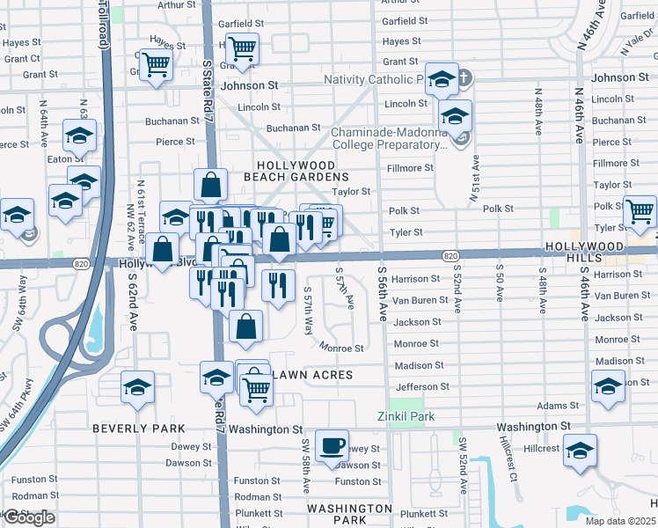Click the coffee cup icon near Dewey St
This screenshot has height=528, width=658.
(x=332, y=445)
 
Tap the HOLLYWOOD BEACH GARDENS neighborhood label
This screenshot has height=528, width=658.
(x=296, y=171)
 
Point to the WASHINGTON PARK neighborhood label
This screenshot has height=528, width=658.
(x=350, y=515)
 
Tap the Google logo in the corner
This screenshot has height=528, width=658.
(x=28, y=517)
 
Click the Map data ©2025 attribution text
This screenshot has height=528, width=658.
(x=620, y=521)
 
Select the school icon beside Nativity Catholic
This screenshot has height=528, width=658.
(x=442, y=79)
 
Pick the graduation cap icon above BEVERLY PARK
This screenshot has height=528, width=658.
(x=137, y=388)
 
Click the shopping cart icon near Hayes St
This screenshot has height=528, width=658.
(x=241, y=49)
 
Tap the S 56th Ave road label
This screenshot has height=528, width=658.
(x=383, y=293)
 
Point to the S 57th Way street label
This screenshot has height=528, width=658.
(x=308, y=310)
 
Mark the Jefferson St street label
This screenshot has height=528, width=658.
(x=422, y=386)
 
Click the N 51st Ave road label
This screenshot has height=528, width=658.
(x=475, y=179)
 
